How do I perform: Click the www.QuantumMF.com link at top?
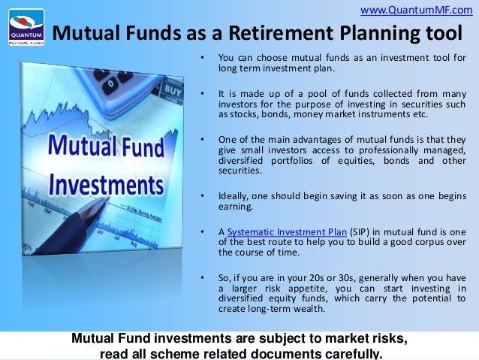pyautogui.click(x=417, y=9)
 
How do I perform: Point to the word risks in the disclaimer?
pyautogui.click(x=387, y=339)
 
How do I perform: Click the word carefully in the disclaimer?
pyautogui.click(x=345, y=354)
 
